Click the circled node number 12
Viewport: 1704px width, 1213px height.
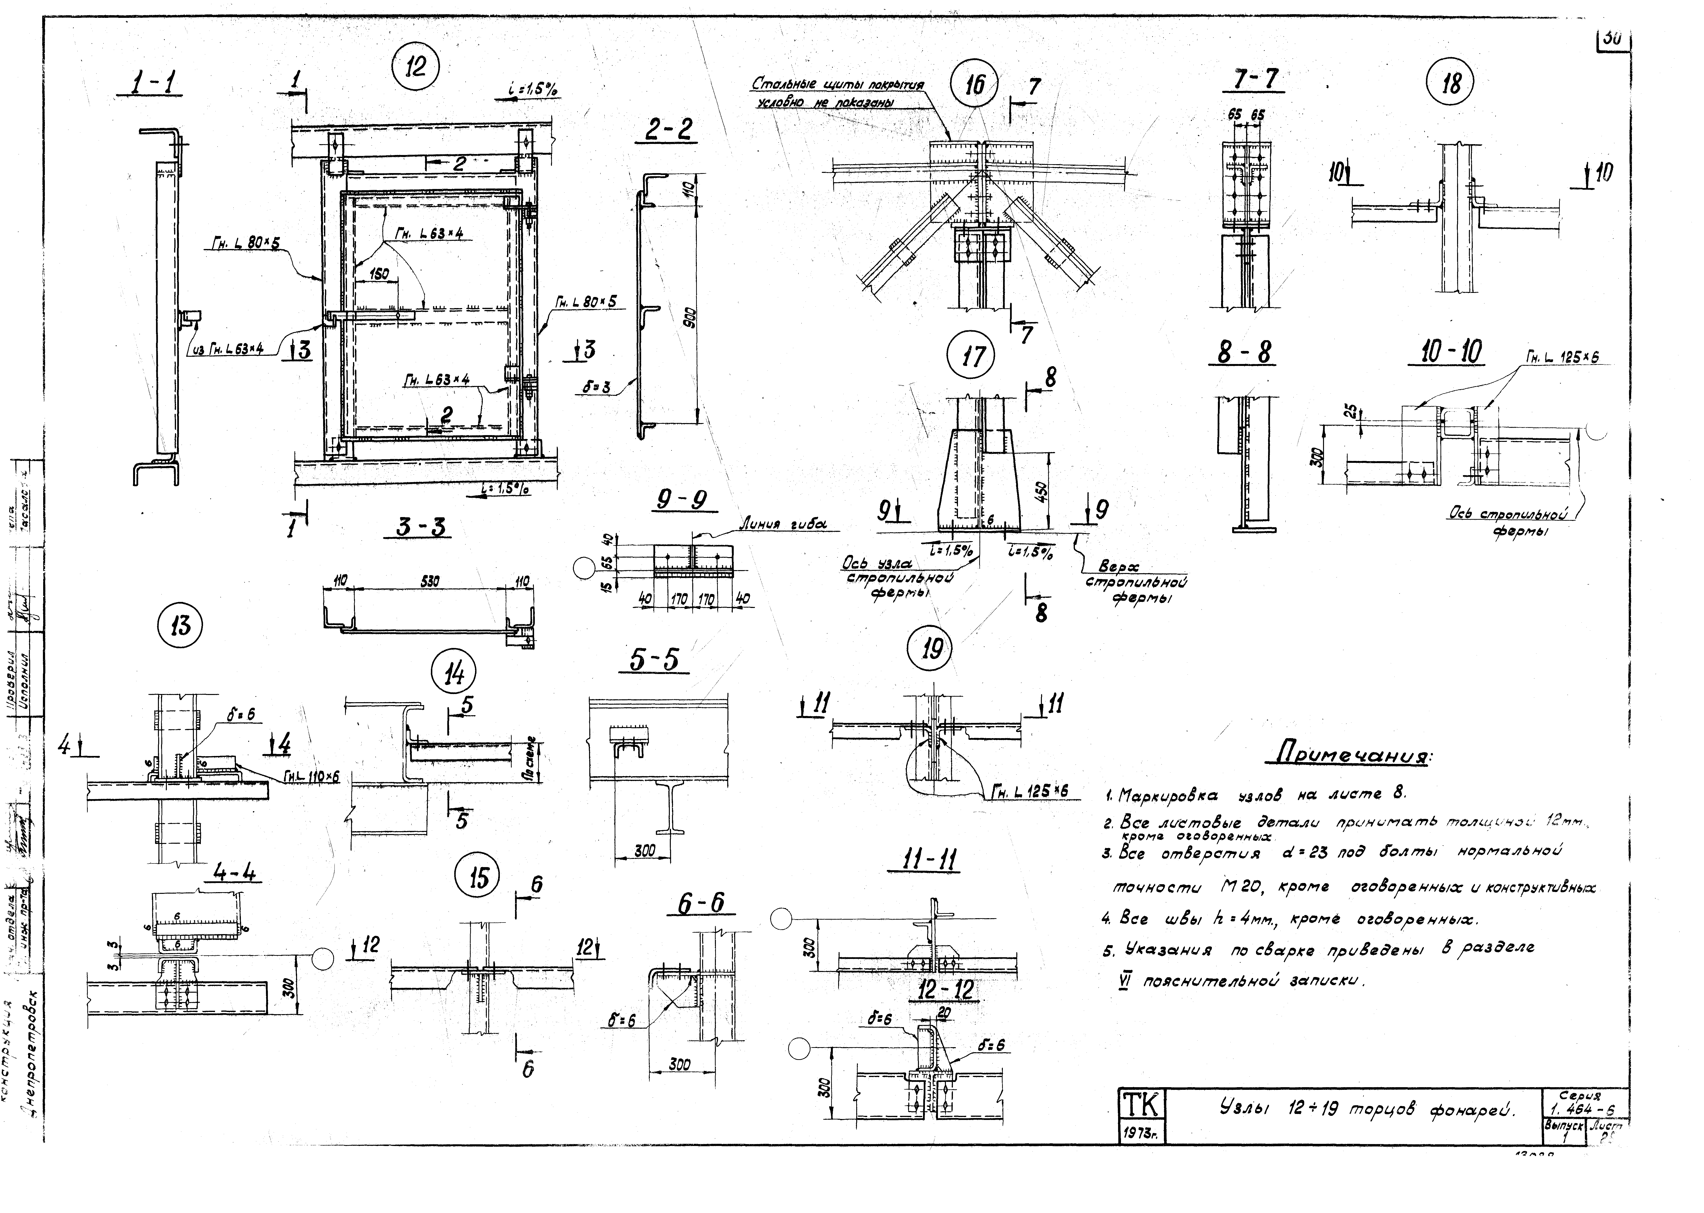pos(415,68)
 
